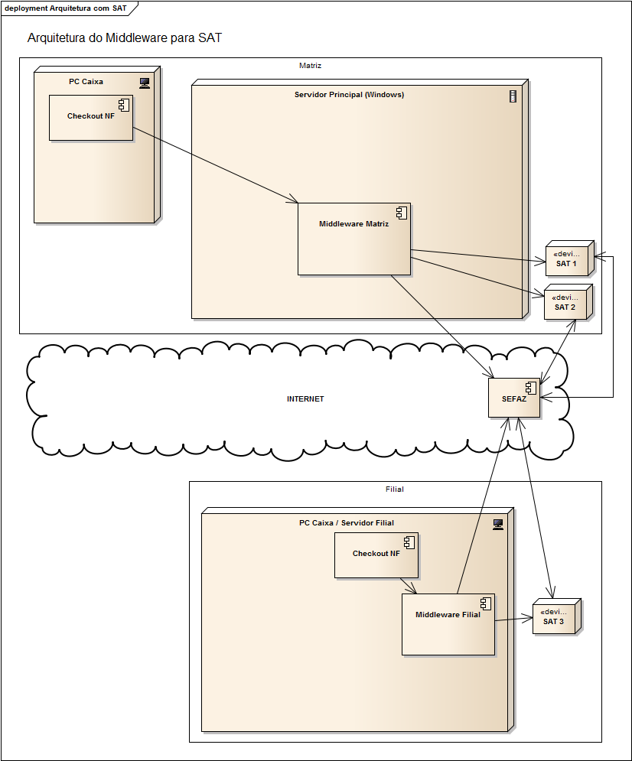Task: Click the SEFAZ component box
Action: [x=513, y=398]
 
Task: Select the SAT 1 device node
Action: [x=567, y=260]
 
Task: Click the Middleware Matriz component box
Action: [x=353, y=239]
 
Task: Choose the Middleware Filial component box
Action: [x=448, y=624]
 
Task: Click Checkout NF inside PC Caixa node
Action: [x=90, y=117]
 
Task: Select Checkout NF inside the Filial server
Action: [x=376, y=554]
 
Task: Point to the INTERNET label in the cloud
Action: [x=305, y=399]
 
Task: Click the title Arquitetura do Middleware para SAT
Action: [x=124, y=37]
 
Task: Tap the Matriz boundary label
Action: [x=310, y=66]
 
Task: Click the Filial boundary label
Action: [x=395, y=489]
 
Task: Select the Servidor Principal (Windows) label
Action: [x=349, y=95]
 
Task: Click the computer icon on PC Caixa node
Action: [x=144, y=83]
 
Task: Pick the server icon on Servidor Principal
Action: [x=513, y=96]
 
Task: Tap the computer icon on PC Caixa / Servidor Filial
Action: [x=498, y=524]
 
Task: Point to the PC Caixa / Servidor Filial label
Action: [x=346, y=523]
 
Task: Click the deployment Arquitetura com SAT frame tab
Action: [x=66, y=8]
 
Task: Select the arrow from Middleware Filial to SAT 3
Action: [x=513, y=619]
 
